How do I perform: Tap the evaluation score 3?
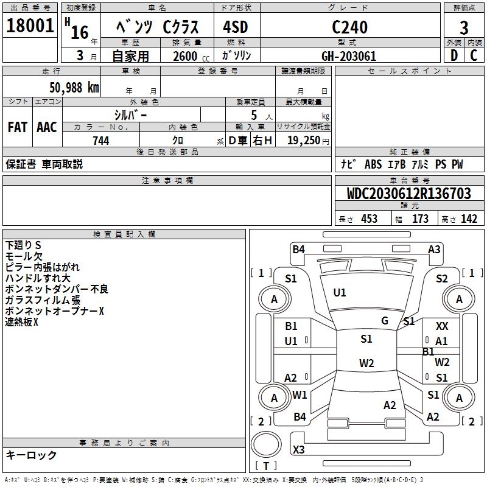464,28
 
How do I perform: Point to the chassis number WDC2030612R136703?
409,194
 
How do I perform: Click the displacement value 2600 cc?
188,57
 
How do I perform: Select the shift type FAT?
17,127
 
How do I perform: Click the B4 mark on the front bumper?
298,249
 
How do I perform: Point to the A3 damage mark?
434,249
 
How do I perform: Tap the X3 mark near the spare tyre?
299,450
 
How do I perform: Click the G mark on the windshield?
385,321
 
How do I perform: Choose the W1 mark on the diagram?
300,395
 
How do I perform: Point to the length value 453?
370,219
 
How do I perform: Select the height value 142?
469,219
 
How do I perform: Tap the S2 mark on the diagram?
442,279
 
